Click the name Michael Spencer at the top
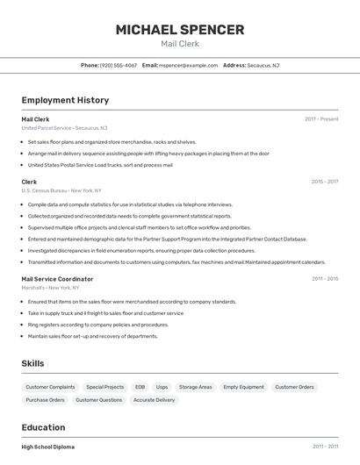180,30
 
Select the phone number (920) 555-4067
119,65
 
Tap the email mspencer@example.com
188,65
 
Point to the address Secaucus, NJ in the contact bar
263,65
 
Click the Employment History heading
65,100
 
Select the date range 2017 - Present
321,119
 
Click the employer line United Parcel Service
64,128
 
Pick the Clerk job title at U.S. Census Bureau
30,182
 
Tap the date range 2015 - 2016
325,182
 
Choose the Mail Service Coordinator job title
57,279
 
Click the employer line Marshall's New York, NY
50,288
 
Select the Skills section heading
32,363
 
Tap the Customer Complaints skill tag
50,387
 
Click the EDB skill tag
140,387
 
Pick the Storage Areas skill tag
195,387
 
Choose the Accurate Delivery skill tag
155,400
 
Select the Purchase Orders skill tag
45,400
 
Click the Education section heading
44,427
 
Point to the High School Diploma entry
47,447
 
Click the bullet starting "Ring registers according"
97,325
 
